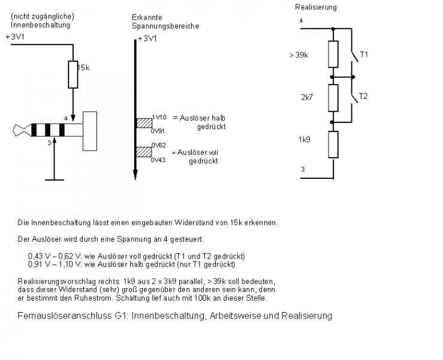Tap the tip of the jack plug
pyautogui.click(x=17, y=130)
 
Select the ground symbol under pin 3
pyautogui.click(x=54, y=178)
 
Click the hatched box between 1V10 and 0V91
pyautogui.click(x=144, y=122)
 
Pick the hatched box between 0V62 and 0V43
pyautogui.click(x=144, y=152)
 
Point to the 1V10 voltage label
pyautogui.click(x=159, y=117)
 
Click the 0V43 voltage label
pyautogui.click(x=158, y=160)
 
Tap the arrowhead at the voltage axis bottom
pyautogui.click(x=135, y=175)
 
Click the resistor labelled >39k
pyautogui.click(x=333, y=54)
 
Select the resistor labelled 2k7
pyautogui.click(x=333, y=97)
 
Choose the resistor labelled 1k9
pyautogui.click(x=333, y=144)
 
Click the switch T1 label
pyautogui.click(x=364, y=55)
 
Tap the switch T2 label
pyautogui.click(x=364, y=96)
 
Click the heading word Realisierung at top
pyautogui.click(x=316, y=7)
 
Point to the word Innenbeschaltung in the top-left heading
pyautogui.click(x=40, y=25)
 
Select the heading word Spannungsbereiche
pyautogui.click(x=165, y=26)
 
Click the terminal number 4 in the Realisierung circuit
pyautogui.click(x=301, y=21)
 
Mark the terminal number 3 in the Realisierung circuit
pyautogui.click(x=302, y=170)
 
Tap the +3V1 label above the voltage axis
pyautogui.click(x=147, y=38)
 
